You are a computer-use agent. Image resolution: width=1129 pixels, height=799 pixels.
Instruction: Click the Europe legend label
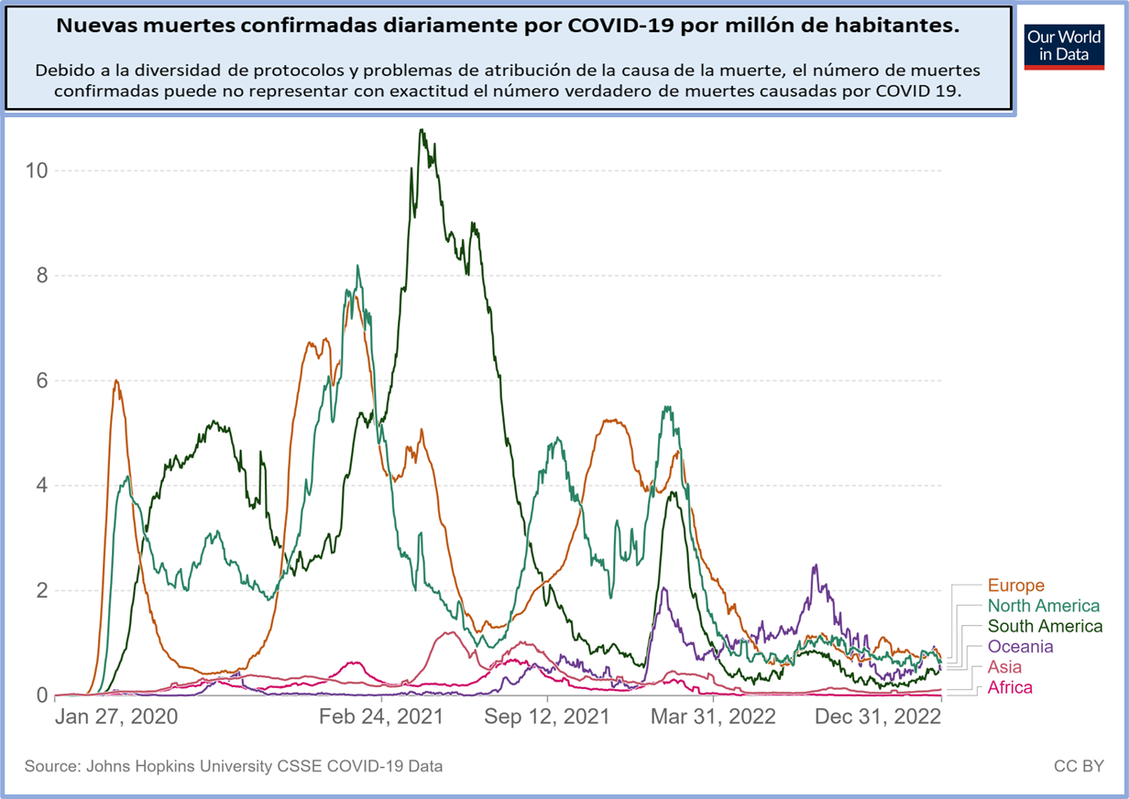1015,586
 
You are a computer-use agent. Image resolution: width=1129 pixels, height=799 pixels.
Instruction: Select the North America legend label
1043,606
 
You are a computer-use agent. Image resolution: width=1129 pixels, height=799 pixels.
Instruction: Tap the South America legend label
1045,627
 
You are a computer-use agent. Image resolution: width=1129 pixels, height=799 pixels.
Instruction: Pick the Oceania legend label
1020,647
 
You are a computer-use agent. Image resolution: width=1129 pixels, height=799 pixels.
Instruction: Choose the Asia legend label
1003,667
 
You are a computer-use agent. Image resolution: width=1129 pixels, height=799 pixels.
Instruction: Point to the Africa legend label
1009,687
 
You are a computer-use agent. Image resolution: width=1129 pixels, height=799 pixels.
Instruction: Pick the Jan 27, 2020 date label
116,717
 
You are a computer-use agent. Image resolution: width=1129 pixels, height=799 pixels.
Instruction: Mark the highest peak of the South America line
422,130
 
